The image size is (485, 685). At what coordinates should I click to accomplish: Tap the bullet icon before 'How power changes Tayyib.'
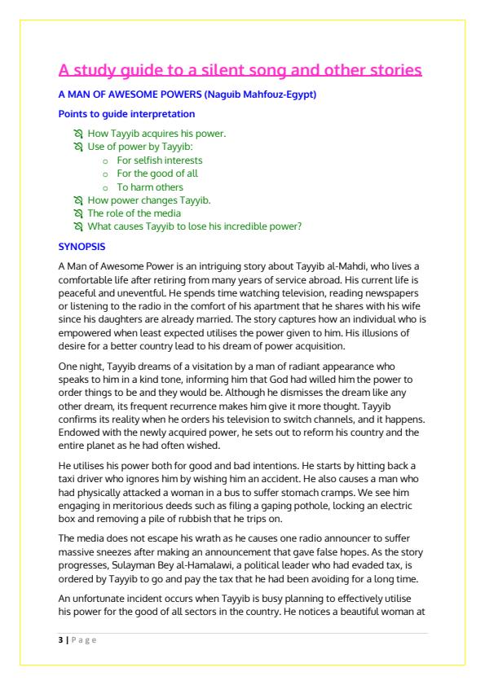pos(78,200)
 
